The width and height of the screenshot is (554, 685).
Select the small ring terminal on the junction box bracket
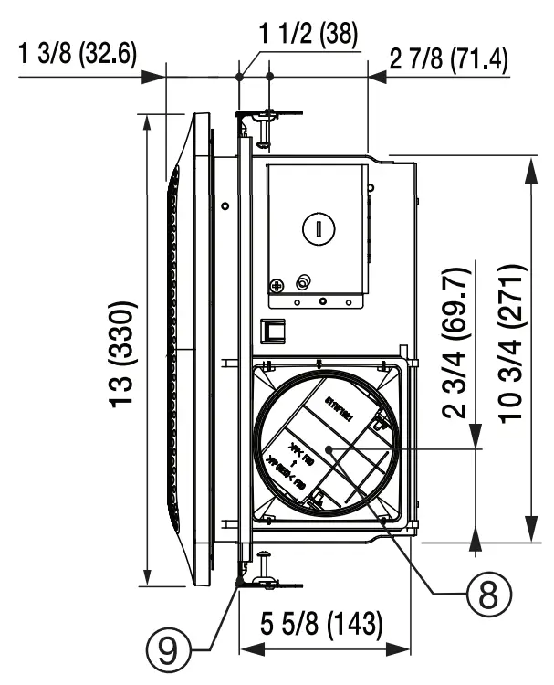(304, 281)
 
